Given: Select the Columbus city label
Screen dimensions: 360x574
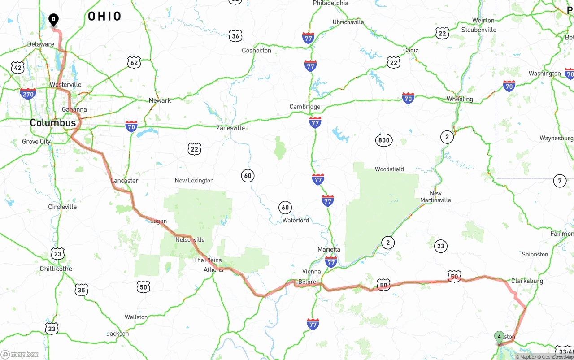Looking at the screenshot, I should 53,123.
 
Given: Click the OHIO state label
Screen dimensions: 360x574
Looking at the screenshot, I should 104,17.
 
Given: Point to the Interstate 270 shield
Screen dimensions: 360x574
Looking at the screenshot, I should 28,93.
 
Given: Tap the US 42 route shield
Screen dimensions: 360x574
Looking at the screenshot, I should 17,68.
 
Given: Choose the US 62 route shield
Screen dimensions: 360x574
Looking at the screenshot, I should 134,62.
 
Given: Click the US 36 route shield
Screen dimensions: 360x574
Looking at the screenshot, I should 235,36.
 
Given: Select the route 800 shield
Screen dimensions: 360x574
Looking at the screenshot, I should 384,140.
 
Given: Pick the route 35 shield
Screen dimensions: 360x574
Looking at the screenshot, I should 81,290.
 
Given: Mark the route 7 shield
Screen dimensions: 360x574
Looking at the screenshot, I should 559,181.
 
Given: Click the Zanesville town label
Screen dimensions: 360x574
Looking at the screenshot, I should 230,128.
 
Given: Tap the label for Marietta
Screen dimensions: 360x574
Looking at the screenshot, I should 329,249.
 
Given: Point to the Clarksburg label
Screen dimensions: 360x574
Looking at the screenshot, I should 527,281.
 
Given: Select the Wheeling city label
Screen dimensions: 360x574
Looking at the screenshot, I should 460,99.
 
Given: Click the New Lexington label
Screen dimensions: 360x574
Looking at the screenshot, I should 194,181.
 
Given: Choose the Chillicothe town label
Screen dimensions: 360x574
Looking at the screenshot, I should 56,269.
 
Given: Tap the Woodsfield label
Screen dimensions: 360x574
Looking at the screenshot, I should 389,169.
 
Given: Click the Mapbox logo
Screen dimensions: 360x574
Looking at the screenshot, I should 20,354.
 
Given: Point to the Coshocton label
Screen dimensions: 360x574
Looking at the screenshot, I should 257,51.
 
